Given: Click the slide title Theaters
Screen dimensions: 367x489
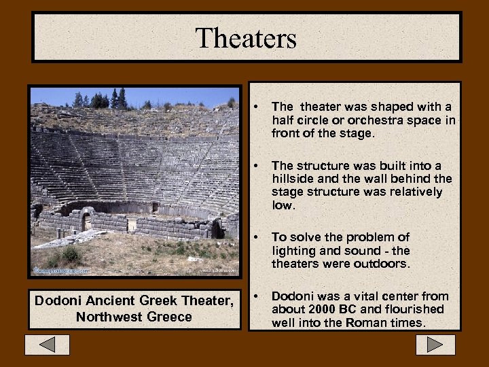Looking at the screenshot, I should coord(245,38).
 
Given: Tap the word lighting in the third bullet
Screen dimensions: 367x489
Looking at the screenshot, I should coord(294,251).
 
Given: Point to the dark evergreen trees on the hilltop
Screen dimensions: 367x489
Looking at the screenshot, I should coord(118,99).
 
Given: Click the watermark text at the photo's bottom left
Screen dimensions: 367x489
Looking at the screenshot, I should coord(62,270).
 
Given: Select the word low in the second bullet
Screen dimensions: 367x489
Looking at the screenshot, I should coord(283,205).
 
